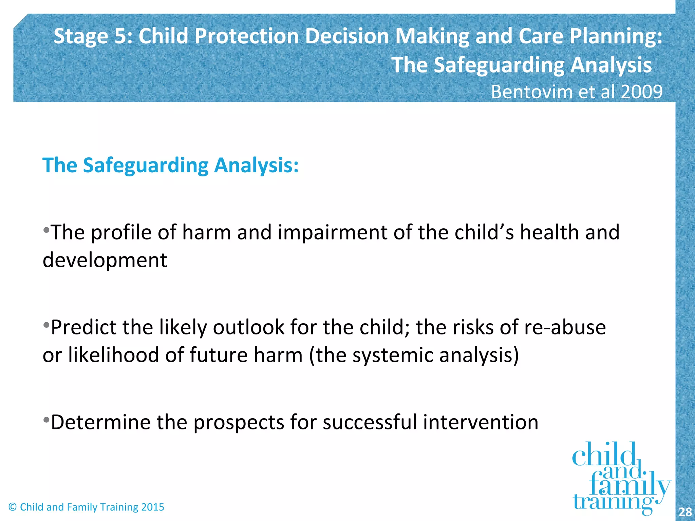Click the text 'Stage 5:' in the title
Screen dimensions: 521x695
93,36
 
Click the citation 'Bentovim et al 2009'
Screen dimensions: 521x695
577,92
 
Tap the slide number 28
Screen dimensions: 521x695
685,512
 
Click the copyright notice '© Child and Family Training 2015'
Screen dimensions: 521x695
86,507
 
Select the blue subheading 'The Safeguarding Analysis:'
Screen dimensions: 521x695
170,165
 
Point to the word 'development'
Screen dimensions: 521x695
105,260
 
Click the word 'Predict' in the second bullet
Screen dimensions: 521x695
83,327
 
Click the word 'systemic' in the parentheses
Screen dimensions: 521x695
393,355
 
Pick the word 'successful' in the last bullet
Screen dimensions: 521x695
370,422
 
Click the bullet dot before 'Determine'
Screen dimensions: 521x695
46,420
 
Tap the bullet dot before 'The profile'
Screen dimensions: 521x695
46,230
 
